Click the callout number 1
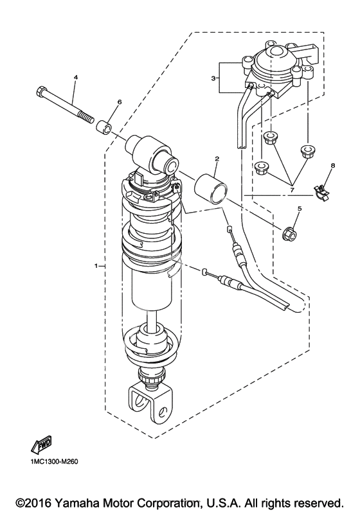pyautogui.click(x=96, y=266)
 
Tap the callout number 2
pyautogui.click(x=217, y=159)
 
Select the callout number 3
pyautogui.click(x=213, y=78)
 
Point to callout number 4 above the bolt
pyautogui.click(x=76, y=77)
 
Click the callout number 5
pyautogui.click(x=299, y=208)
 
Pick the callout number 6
pyautogui.click(x=119, y=102)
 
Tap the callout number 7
pyautogui.click(x=291, y=190)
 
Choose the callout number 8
pyautogui.click(x=332, y=166)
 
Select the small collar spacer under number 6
pyautogui.click(x=104, y=127)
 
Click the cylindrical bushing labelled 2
pyautogui.click(x=210, y=190)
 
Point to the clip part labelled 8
pyautogui.click(x=321, y=191)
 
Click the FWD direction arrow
pyautogui.click(x=42, y=445)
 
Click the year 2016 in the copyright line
pyautogui.click(x=39, y=502)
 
